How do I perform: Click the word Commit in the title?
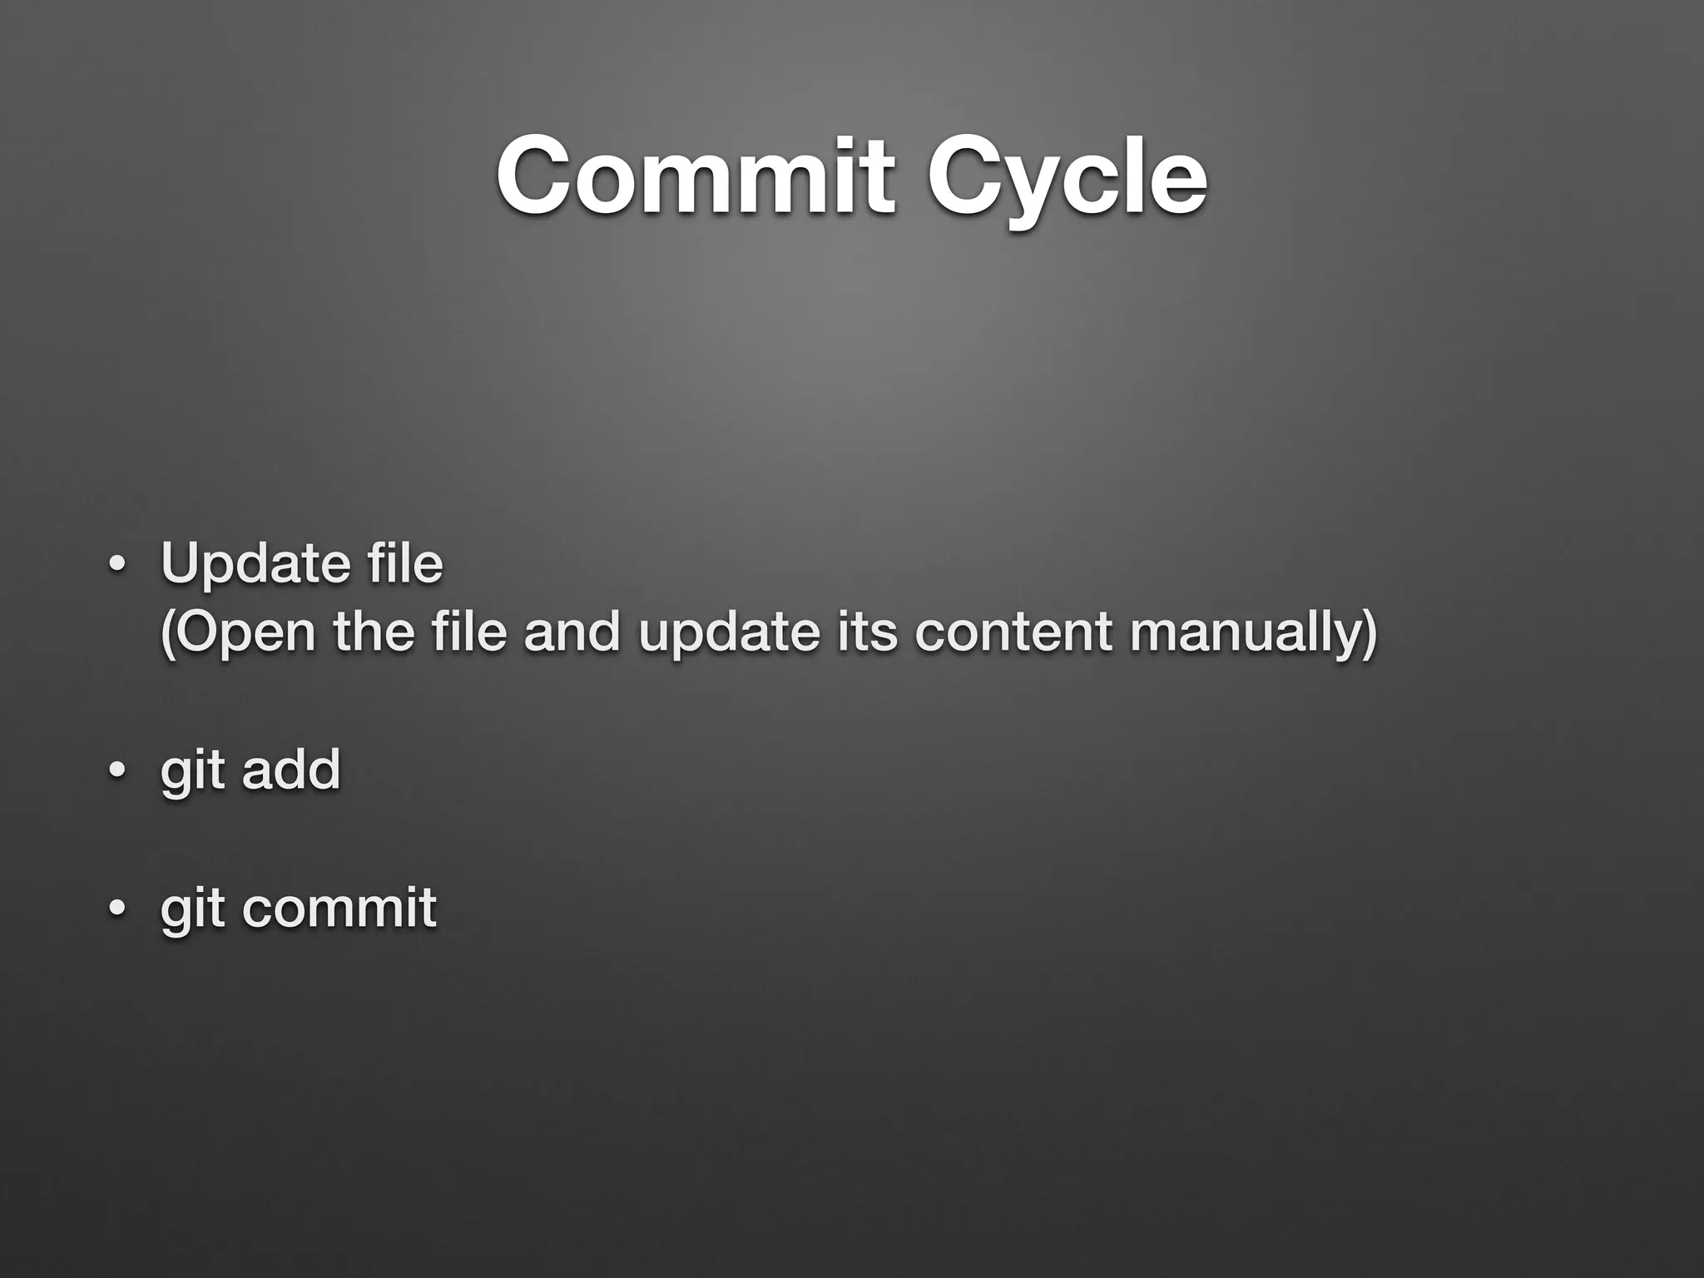pyautogui.click(x=696, y=177)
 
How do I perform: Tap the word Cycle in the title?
pyautogui.click(x=1067, y=177)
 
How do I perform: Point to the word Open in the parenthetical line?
pyautogui.click(x=238, y=633)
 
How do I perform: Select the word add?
pyautogui.click(x=291, y=769)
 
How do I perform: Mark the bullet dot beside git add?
pyautogui.click(x=116, y=772)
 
